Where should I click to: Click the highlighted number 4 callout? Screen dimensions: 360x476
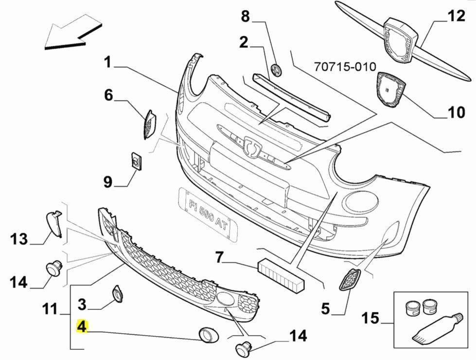(81, 327)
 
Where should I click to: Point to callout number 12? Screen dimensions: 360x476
(456, 16)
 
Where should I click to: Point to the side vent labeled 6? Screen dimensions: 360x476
(149, 124)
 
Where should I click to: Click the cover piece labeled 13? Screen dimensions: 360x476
(54, 223)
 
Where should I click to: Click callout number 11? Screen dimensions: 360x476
(51, 309)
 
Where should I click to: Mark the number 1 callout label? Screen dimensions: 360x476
(107, 63)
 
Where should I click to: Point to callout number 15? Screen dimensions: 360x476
(370, 319)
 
